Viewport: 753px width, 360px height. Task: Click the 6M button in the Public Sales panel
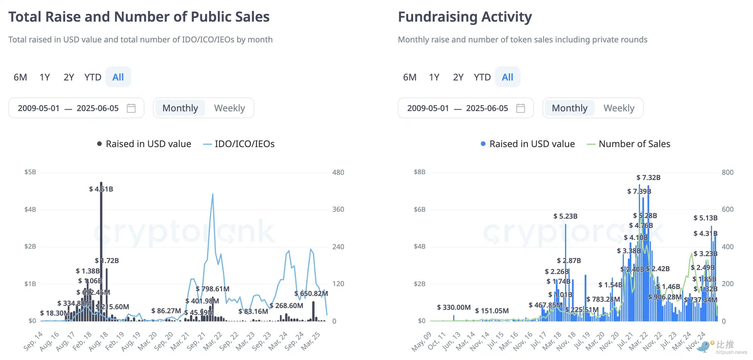[20, 77]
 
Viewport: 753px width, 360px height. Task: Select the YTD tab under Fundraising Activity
[482, 77]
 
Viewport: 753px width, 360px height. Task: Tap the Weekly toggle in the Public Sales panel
[229, 108]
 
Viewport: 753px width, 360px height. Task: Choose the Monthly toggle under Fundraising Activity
[569, 108]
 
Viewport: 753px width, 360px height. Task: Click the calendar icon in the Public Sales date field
[131, 108]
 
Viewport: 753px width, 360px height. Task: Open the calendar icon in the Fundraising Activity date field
[520, 108]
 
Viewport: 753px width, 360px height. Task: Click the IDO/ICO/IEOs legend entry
[239, 144]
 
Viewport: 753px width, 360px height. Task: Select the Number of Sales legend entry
[629, 144]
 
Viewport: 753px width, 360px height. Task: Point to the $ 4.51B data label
[101, 189]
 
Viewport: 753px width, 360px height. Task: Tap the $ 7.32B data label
[648, 177]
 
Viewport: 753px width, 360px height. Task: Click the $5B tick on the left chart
[30, 172]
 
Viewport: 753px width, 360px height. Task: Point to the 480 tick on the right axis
[338, 172]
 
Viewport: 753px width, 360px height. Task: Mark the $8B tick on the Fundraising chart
[419, 172]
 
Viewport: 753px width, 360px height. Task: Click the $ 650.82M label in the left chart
[311, 293]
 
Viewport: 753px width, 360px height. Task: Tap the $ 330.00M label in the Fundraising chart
[454, 307]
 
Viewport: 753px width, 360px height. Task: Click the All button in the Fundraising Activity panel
[507, 77]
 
